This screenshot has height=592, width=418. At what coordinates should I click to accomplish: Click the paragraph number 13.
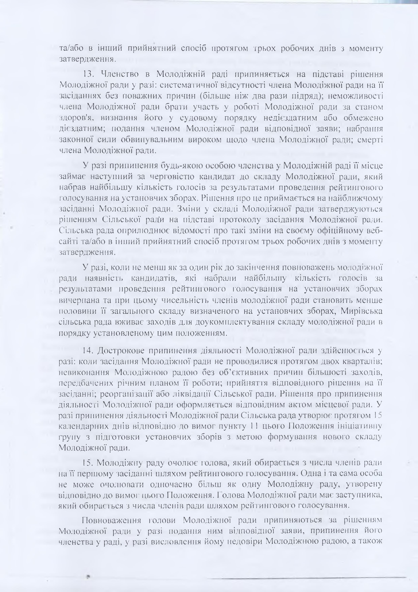(88, 74)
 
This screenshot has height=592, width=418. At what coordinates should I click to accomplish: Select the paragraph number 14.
(88, 351)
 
